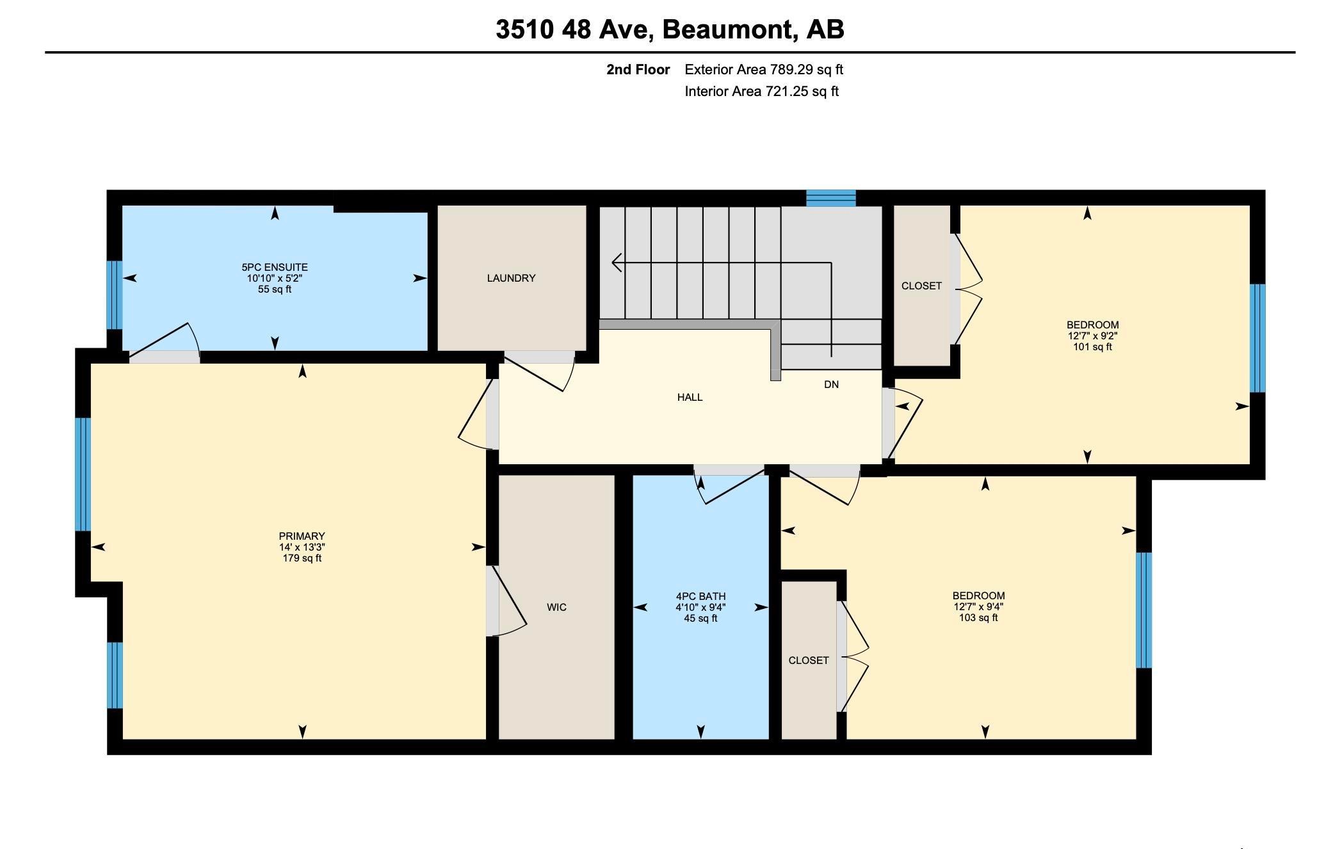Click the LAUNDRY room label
(x=511, y=278)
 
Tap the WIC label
(x=556, y=607)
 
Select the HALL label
(x=690, y=397)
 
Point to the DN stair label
(x=831, y=384)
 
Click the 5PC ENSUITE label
(x=275, y=267)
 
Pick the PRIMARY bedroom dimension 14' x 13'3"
(x=302, y=547)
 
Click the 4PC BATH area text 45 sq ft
(x=700, y=619)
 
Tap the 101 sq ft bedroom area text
(x=1092, y=347)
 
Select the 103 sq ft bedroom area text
(x=978, y=618)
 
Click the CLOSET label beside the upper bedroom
(x=921, y=286)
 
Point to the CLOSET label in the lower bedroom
(x=809, y=660)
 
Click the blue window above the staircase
(x=830, y=198)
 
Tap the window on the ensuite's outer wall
(x=114, y=295)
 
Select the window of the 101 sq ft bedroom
(x=1257, y=338)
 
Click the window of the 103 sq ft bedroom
(x=1144, y=610)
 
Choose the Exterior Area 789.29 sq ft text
(x=764, y=69)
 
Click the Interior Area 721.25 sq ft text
(x=761, y=91)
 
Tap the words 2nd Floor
(x=638, y=69)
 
